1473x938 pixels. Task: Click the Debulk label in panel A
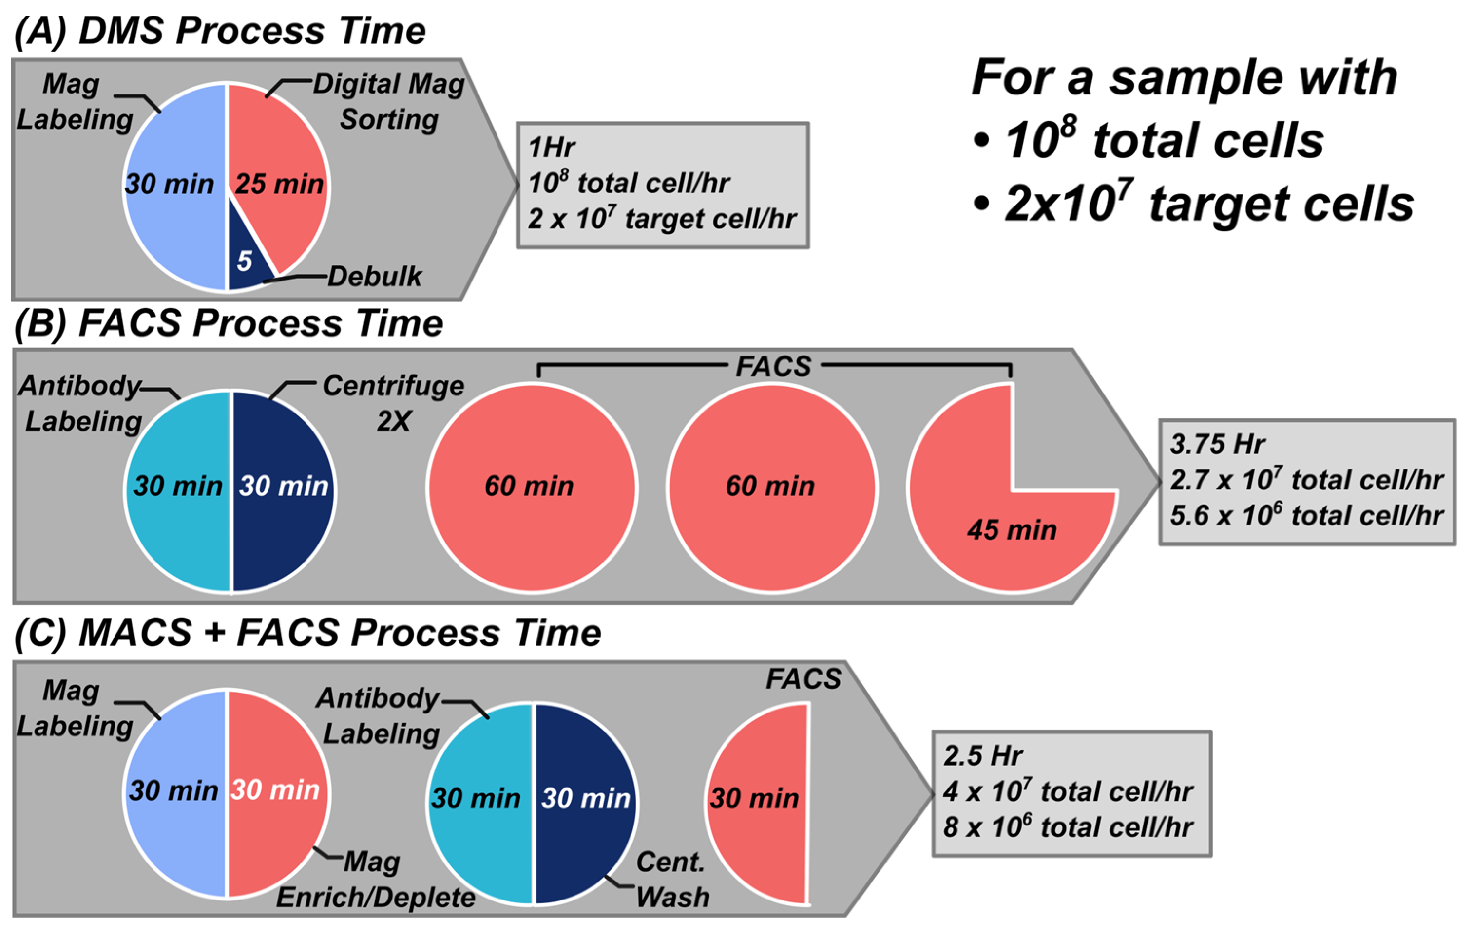click(374, 277)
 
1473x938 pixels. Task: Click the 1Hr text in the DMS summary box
click(552, 148)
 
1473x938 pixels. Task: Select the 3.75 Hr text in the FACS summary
click(1217, 445)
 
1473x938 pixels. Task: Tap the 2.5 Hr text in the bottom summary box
click(982, 756)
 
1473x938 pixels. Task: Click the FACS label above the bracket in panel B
click(773, 367)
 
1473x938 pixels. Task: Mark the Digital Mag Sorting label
click(389, 101)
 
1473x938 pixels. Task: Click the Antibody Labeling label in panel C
click(379, 715)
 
